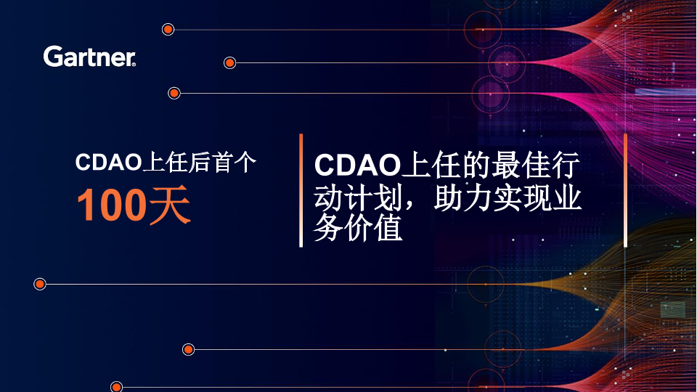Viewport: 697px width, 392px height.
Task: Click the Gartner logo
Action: (x=89, y=57)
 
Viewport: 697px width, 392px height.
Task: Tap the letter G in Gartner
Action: (x=52, y=57)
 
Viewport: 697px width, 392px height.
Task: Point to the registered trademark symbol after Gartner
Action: (x=134, y=65)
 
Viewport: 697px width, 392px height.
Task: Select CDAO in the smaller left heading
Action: (x=108, y=162)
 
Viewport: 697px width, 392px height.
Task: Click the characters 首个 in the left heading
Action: (x=234, y=162)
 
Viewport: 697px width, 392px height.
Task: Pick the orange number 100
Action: (x=112, y=205)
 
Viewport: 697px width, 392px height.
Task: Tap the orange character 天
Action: (x=170, y=205)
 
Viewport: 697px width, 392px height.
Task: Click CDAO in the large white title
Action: (x=358, y=166)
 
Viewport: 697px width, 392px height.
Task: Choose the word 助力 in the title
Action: (x=462, y=197)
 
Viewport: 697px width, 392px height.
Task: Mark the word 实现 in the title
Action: (x=522, y=197)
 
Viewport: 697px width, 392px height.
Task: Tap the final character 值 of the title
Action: (x=387, y=228)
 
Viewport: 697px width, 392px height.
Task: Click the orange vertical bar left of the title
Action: (x=301, y=190)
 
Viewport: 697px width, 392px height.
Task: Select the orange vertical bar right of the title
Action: (x=625, y=190)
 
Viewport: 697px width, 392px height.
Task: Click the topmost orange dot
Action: (x=168, y=30)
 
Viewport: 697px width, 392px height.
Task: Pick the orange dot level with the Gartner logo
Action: (x=229, y=62)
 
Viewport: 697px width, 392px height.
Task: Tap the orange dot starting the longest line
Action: (x=39, y=284)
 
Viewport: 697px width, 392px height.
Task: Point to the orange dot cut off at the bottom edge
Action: (x=116, y=387)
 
